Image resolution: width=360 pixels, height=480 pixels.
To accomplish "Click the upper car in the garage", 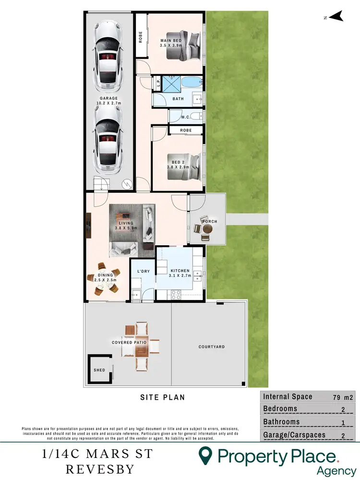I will pyautogui.click(x=108, y=57).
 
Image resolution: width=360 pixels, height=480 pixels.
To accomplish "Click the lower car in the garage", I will pyautogui.click(x=108, y=139).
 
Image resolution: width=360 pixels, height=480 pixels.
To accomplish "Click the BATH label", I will pyautogui.click(x=178, y=99).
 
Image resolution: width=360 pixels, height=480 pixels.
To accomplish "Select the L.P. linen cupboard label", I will pyautogui.click(x=157, y=83).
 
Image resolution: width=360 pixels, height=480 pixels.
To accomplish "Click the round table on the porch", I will pyautogui.click(x=206, y=230).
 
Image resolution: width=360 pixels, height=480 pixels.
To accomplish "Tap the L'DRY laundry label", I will pyautogui.click(x=143, y=272).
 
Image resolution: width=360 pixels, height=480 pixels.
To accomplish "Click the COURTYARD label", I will pyautogui.click(x=212, y=347).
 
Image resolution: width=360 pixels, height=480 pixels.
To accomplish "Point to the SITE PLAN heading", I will pyautogui.click(x=162, y=397).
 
